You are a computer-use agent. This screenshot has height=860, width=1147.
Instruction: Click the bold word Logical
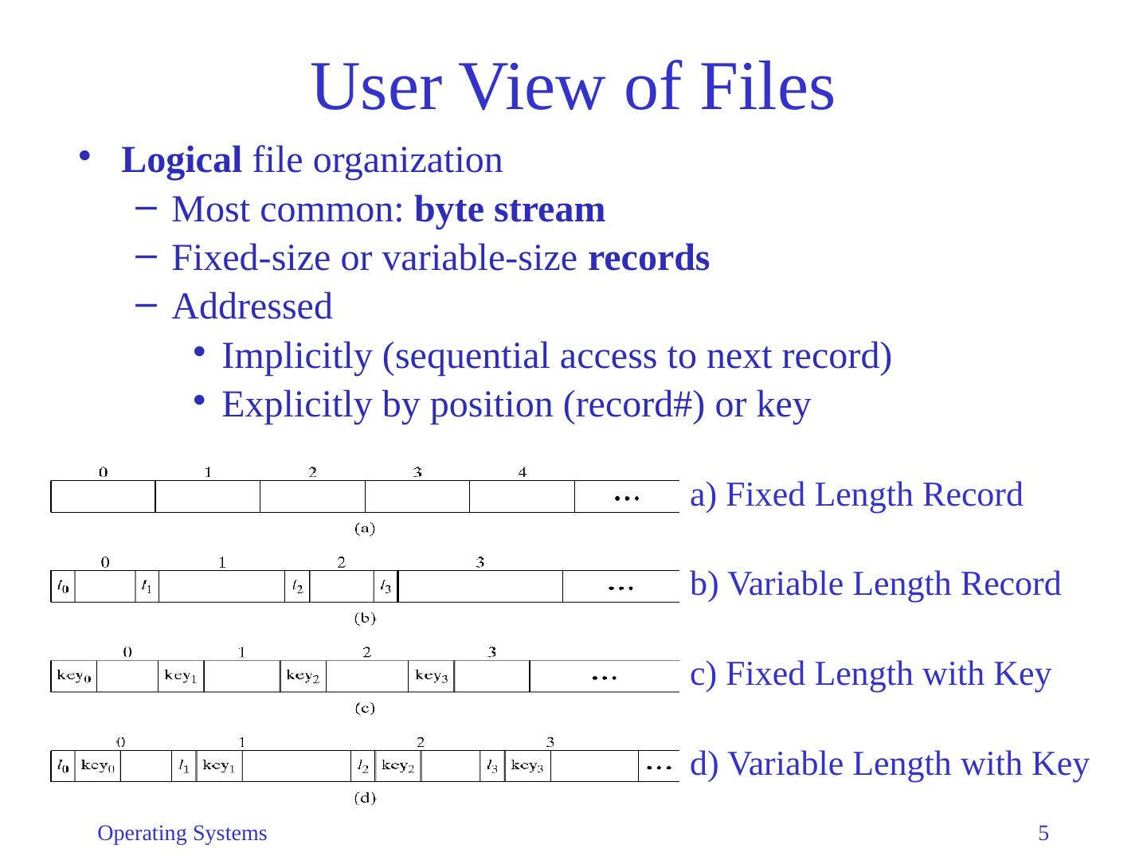(x=182, y=161)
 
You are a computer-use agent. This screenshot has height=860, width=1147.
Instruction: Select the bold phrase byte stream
(x=510, y=210)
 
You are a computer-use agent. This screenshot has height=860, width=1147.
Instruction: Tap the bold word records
(x=648, y=259)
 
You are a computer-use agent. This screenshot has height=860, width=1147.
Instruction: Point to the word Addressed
(x=252, y=307)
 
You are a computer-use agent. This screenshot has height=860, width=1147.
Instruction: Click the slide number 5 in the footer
(x=1043, y=834)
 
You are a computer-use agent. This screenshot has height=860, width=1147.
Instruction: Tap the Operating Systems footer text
(x=182, y=834)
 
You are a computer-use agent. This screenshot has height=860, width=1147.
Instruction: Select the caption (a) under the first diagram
(x=364, y=527)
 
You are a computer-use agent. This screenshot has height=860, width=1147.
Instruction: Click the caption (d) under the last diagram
(x=364, y=798)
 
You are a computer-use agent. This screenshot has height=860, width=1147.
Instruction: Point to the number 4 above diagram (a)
(x=523, y=472)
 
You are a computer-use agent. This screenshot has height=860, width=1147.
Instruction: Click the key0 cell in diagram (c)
(x=74, y=676)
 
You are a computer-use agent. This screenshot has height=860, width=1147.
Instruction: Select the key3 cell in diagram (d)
(x=527, y=766)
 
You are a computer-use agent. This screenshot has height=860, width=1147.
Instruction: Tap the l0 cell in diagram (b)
(x=63, y=587)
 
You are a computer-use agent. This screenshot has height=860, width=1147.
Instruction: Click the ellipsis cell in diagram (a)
(x=627, y=497)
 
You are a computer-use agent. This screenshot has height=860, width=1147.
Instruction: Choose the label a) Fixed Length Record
(x=856, y=495)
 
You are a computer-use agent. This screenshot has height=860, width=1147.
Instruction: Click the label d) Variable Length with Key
(x=889, y=764)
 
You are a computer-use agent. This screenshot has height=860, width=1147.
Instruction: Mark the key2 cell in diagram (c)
(x=303, y=676)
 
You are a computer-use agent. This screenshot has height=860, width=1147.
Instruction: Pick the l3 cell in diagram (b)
(x=386, y=587)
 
